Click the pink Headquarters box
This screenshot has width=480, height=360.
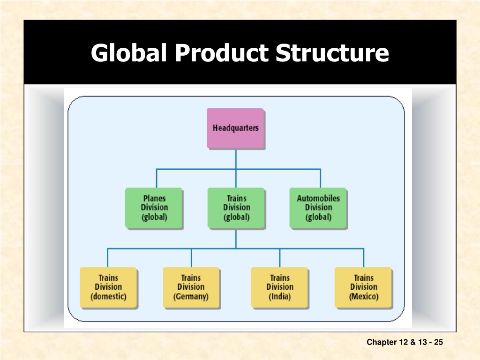(235, 128)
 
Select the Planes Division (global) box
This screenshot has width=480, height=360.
(154, 208)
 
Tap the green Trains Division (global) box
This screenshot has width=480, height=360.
(236, 208)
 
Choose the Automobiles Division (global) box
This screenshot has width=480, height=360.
(318, 208)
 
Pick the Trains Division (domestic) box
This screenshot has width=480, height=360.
(108, 287)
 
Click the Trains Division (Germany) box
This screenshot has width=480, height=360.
(191, 287)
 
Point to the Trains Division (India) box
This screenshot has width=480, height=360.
(279, 287)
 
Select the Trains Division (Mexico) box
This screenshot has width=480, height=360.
(363, 287)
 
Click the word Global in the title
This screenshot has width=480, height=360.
(129, 52)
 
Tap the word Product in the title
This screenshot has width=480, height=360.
(221, 52)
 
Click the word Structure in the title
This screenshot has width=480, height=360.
(332, 52)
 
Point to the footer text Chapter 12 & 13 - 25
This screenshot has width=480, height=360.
(405, 342)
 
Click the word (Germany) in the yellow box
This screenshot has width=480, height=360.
(191, 297)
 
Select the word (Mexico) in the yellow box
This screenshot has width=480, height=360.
(364, 297)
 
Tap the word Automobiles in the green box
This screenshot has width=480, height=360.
(318, 198)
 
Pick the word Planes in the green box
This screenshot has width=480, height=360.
(154, 198)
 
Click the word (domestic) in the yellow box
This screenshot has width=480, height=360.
(108, 297)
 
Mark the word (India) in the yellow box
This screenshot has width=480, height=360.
(280, 297)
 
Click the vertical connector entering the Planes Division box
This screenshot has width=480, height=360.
(157, 178)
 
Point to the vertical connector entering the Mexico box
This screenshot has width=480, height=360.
(364, 258)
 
